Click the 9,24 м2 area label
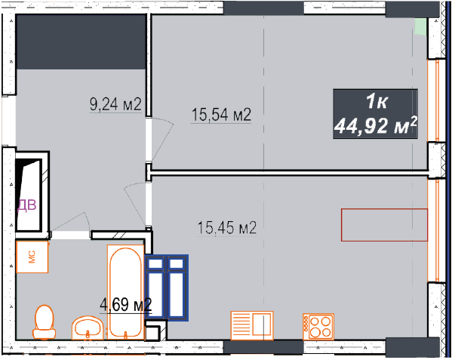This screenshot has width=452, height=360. pos(115,104)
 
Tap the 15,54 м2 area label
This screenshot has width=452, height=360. pos(221,115)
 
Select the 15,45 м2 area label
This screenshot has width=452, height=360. pos(227,228)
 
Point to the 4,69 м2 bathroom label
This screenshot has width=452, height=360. pos(126,304)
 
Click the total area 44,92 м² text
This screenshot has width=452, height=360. pos(376,126)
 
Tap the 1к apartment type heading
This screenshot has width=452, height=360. pos(377,101)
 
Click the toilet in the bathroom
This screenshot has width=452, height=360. pos(44,322)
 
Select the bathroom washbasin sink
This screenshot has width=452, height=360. pos(88,328)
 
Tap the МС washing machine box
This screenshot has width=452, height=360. pos(32,257)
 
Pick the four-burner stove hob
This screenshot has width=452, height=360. pos(318,327)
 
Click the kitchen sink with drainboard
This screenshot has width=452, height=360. pos(252,325)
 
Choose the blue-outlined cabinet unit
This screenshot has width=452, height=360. pos(167,288)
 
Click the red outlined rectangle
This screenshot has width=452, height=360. pos(384,225)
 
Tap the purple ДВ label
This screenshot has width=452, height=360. pos(27,205)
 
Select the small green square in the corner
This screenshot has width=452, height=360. pos(420,27)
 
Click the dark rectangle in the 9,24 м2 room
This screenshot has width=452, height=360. pos(81,42)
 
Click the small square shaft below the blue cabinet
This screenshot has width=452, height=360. pos(152,333)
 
